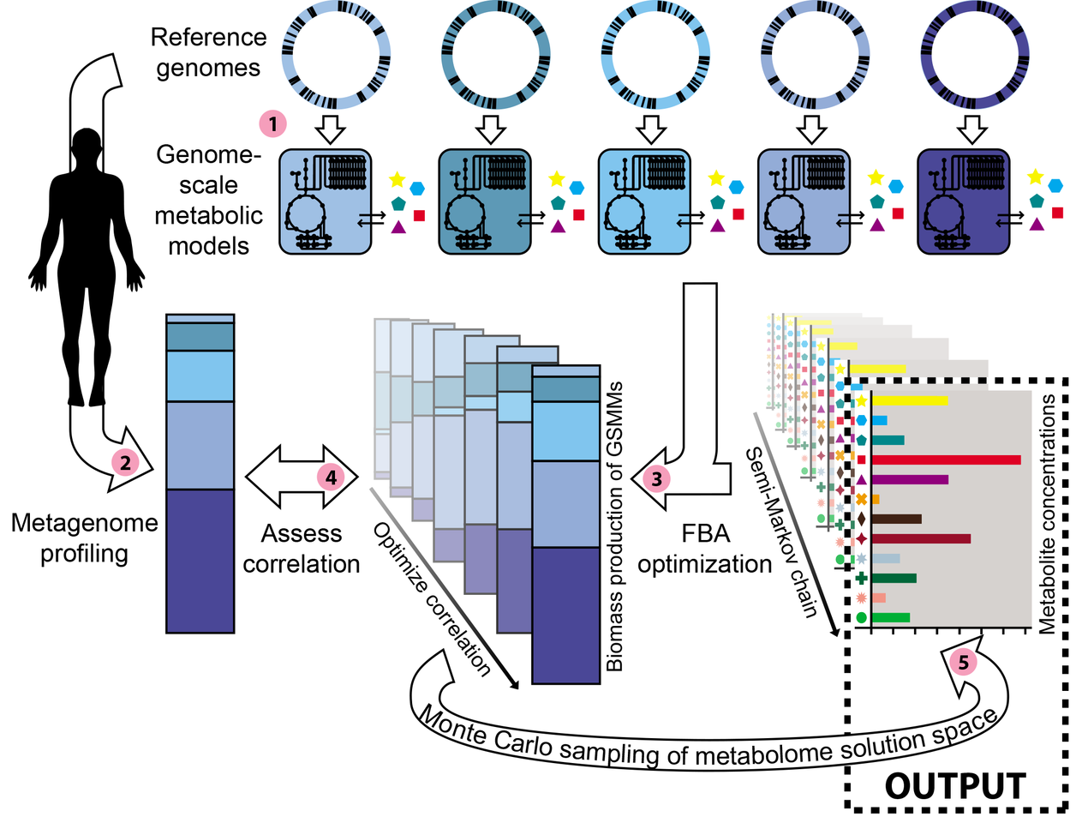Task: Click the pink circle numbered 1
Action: tap(272, 124)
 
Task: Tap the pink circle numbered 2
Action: tap(125, 463)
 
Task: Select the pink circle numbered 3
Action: tap(657, 478)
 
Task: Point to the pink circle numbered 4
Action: tap(332, 477)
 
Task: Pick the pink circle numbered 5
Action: tap(963, 663)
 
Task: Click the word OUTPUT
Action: tap(954, 786)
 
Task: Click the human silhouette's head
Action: tap(87, 145)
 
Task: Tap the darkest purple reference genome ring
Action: tap(968, 57)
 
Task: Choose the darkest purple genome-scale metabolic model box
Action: tap(963, 201)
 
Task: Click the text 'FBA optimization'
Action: tap(705, 549)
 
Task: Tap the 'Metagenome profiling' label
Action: tap(84, 538)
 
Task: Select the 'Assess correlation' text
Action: tap(302, 549)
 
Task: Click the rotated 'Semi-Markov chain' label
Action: tap(780, 532)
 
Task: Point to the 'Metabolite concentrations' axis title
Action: tap(1047, 514)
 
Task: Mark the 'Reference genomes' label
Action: tap(208, 52)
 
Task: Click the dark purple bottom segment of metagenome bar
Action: tap(200, 561)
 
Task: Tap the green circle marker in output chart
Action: tap(861, 617)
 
